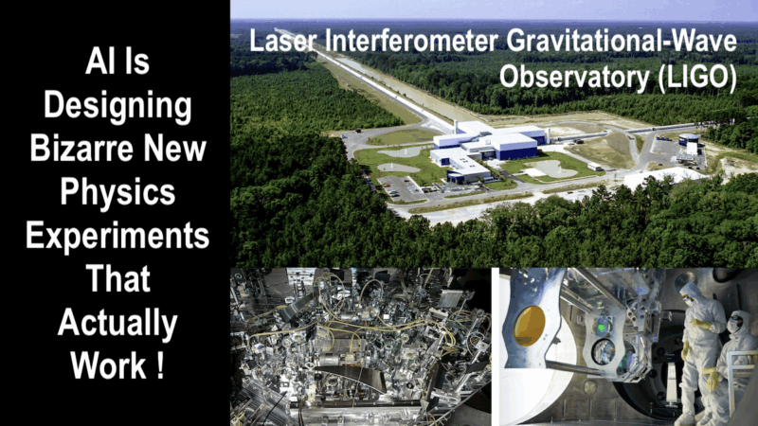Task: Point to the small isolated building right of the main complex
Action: [x=689, y=145]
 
